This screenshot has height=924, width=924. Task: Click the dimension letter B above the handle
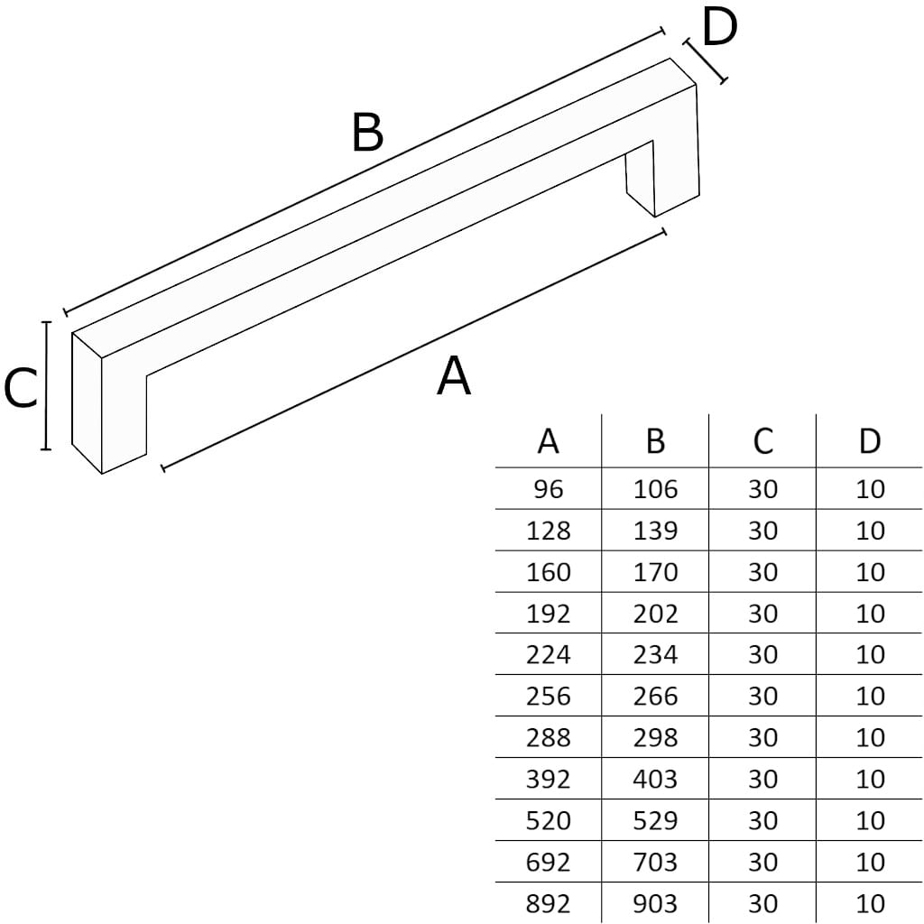(368, 134)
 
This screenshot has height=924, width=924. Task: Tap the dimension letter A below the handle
(454, 376)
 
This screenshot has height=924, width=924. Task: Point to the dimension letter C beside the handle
(20, 389)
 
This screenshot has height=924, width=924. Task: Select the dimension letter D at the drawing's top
(719, 28)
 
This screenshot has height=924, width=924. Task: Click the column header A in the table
(548, 441)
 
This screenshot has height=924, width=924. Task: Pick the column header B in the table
(655, 441)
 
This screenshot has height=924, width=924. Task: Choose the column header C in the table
(762, 441)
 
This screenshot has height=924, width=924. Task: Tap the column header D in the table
(870, 441)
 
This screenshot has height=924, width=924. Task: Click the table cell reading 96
(548, 489)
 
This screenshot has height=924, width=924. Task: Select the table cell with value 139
(655, 531)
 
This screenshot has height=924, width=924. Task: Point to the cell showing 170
(655, 572)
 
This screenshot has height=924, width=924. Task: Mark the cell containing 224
(548, 654)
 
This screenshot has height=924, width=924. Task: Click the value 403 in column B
(655, 779)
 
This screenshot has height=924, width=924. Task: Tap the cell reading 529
(655, 820)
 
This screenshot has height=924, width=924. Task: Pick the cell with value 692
(548, 862)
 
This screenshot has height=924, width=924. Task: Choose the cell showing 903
(655, 903)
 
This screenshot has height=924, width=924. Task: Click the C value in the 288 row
(762, 737)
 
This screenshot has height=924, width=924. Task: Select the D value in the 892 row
(870, 903)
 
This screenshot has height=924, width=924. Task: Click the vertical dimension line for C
(46, 385)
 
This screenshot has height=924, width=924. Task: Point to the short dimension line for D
(706, 61)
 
